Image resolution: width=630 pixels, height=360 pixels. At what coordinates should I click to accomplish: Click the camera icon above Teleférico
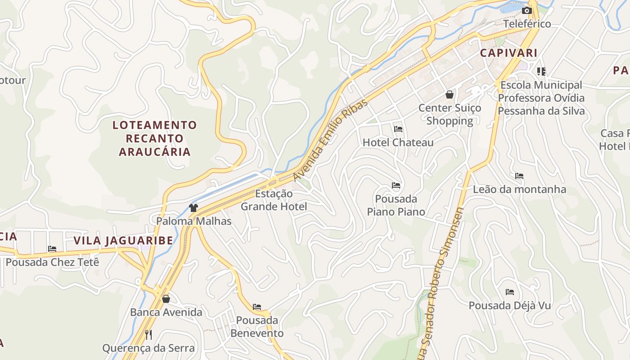click(526, 10)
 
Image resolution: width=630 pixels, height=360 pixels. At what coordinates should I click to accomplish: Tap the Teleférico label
click(526, 24)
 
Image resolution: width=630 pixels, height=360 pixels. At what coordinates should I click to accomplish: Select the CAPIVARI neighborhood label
click(508, 53)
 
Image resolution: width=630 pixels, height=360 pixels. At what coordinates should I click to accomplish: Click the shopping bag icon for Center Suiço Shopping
click(449, 94)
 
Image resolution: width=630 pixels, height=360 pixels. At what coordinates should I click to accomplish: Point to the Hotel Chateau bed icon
click(398, 129)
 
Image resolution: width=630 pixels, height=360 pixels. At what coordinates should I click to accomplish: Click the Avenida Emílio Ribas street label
click(330, 140)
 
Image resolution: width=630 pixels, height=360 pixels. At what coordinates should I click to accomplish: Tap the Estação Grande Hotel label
click(274, 200)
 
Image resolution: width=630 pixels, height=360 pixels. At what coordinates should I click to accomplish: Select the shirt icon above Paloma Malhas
click(193, 208)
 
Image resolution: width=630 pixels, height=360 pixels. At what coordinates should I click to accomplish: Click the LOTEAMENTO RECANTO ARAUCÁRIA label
click(155, 138)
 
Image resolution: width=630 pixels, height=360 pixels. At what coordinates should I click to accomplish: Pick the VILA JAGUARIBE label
click(123, 240)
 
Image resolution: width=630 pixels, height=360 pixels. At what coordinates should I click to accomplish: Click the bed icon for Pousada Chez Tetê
click(52, 249)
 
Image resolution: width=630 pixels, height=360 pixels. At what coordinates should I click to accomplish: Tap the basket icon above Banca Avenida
click(166, 299)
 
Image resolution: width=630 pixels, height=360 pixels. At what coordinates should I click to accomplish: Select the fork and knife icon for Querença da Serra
click(148, 334)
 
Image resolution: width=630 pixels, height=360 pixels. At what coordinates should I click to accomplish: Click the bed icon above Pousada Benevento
click(257, 307)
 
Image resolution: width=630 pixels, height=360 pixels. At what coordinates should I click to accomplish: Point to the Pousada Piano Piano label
click(396, 205)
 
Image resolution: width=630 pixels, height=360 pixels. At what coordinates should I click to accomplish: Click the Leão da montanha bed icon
click(519, 176)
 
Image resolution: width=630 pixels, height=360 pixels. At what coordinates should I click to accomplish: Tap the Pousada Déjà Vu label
click(509, 306)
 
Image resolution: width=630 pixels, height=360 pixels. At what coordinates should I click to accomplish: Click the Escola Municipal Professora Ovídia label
click(541, 98)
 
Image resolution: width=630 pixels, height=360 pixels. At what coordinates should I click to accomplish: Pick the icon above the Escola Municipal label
click(541, 71)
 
